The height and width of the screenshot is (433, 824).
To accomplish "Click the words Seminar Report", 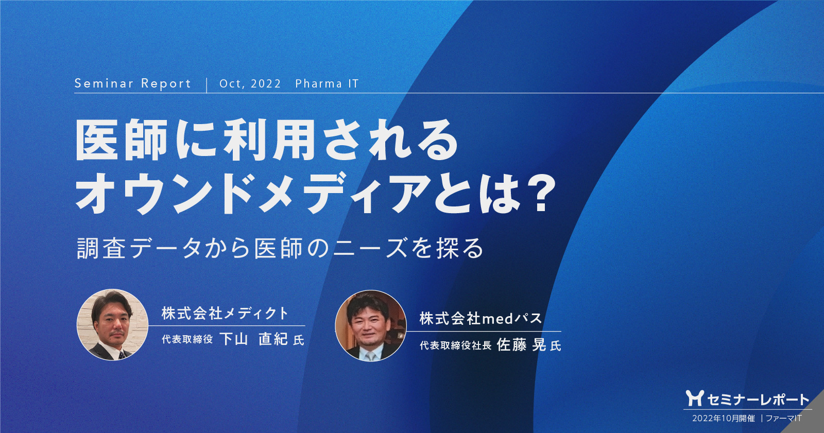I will [132, 84].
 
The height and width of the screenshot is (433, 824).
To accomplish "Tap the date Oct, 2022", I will [250, 84].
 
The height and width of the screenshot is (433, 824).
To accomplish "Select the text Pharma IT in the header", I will [327, 84].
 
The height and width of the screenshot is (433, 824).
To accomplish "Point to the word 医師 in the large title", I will [122, 140].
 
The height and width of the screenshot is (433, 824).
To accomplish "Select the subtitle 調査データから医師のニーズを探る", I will [280, 248].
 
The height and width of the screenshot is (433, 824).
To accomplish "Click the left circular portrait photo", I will [112, 324].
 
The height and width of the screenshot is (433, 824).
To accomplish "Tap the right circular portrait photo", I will [370, 326].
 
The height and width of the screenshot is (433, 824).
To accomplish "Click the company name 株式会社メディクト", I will [225, 313].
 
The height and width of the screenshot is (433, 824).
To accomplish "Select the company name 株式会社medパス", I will [480, 319].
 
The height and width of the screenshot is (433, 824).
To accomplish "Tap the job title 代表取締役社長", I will [455, 345].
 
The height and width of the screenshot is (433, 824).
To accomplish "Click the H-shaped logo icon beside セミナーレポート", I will [694, 398].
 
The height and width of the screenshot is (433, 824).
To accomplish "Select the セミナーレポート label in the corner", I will [758, 399].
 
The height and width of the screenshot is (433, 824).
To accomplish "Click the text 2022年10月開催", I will [723, 418].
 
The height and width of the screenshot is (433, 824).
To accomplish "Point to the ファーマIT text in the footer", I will [783, 418].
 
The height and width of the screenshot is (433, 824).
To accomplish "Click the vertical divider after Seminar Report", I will [207, 84].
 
